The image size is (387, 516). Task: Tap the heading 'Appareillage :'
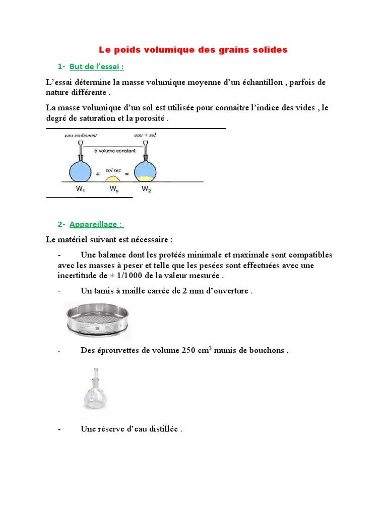[x=96, y=224]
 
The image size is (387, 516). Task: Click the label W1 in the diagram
[x=80, y=189]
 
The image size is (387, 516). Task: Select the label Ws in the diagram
[x=114, y=189]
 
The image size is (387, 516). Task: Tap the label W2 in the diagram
[x=146, y=189]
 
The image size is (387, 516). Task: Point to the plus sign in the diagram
[x=97, y=173]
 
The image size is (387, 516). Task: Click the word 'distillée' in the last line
[x=162, y=429]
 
